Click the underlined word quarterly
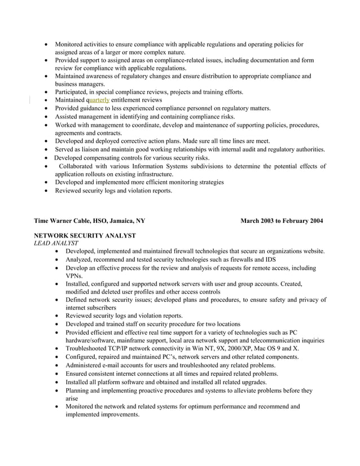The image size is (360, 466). pyautogui.click(x=99, y=100)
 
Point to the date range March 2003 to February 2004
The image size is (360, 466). pyautogui.click(x=282, y=221)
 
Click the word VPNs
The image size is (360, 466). pyautogui.click(x=74, y=276)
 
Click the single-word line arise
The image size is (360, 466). pyautogui.click(x=73, y=398)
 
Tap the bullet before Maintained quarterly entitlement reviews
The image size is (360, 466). pyautogui.click(x=46, y=100)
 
